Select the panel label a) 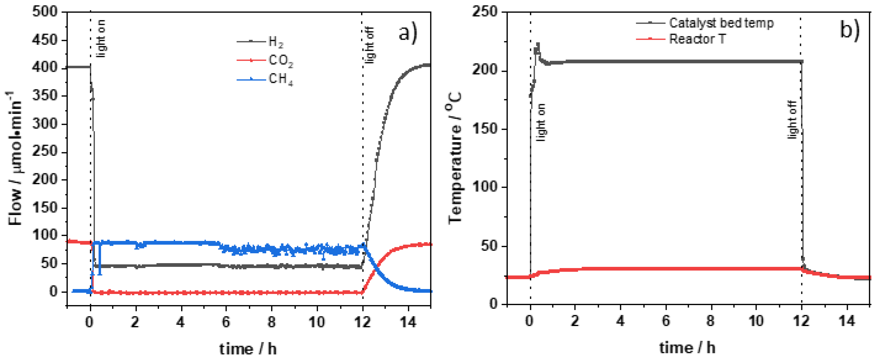[x=408, y=33]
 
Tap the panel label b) [x=849, y=30]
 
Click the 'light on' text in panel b [x=541, y=122]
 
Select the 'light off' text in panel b [x=792, y=119]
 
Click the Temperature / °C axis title [x=455, y=157]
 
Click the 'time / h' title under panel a [x=248, y=349]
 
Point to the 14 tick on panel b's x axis [x=847, y=321]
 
